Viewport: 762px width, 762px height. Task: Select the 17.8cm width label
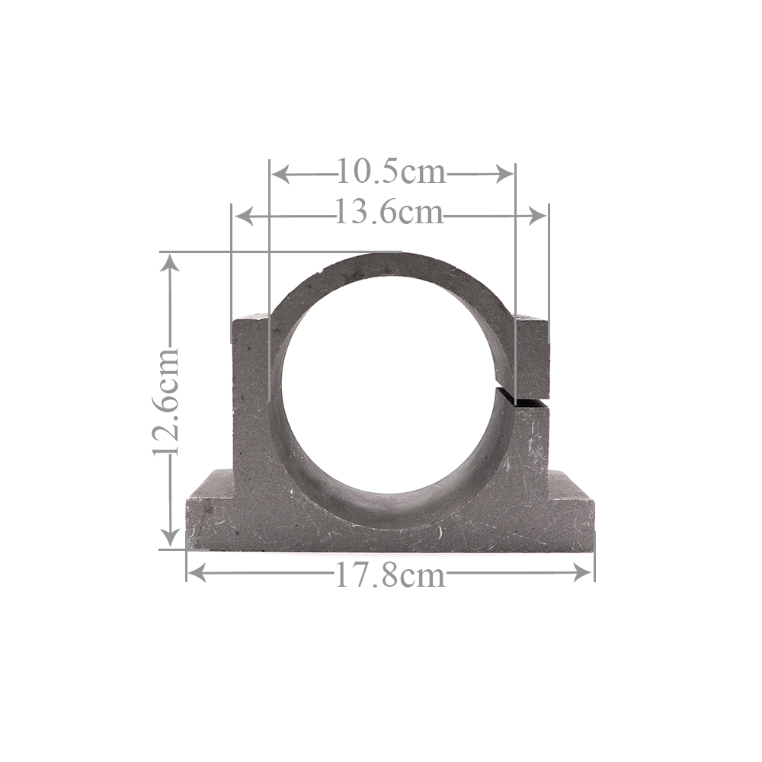coord(390,576)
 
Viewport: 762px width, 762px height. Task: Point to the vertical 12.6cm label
coord(166,402)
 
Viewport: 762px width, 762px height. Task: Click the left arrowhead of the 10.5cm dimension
coord(280,174)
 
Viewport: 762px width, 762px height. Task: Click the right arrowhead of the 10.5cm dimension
coord(504,174)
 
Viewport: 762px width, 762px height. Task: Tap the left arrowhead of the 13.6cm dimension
coord(244,216)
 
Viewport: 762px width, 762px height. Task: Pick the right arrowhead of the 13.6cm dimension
coord(537,216)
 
